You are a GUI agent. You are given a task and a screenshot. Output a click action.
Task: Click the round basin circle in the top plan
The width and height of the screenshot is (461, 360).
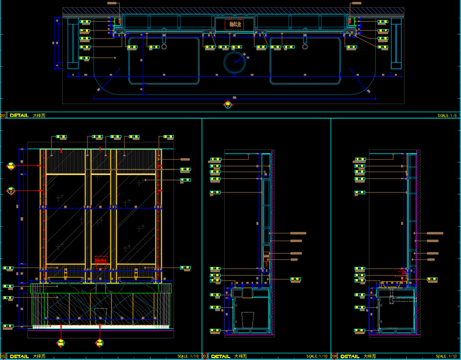click(x=235, y=62)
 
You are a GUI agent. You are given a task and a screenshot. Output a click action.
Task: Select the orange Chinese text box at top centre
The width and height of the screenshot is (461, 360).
click(x=234, y=25)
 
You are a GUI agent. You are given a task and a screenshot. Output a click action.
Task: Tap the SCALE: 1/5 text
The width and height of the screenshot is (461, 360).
click(x=447, y=115)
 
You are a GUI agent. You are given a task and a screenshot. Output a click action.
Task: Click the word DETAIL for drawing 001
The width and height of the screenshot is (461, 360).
click(x=19, y=115)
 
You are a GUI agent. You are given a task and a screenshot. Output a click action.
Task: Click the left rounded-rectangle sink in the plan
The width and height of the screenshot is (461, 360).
click(x=164, y=60)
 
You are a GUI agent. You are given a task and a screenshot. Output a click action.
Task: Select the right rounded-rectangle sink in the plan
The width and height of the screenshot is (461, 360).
click(x=305, y=60)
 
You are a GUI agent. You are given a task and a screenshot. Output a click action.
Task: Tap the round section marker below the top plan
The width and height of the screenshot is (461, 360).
click(x=228, y=106)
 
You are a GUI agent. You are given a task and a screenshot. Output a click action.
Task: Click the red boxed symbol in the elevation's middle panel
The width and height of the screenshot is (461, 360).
click(x=101, y=261)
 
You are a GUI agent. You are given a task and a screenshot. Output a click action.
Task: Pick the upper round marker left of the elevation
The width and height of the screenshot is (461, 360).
click(x=10, y=167)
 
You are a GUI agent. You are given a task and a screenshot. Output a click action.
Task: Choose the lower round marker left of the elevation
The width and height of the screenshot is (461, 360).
click(x=10, y=191)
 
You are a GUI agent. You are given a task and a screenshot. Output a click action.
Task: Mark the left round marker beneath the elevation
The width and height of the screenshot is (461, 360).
click(x=61, y=343)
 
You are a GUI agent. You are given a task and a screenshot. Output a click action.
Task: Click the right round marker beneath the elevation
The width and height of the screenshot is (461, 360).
click(x=100, y=343)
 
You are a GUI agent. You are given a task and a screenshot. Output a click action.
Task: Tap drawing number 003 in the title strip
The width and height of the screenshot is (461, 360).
click(x=205, y=356)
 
